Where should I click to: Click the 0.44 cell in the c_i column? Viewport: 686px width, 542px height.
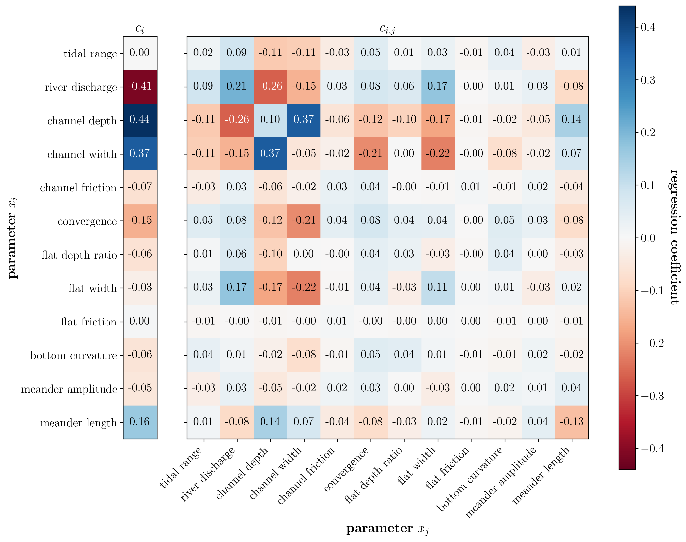[x=140, y=120]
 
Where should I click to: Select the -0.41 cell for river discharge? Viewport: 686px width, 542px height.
[x=140, y=86]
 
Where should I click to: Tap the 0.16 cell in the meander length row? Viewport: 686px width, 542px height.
[x=140, y=422]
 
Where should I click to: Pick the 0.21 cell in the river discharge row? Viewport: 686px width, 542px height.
[x=237, y=86]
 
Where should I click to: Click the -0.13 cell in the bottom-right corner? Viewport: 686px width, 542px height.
[x=572, y=422]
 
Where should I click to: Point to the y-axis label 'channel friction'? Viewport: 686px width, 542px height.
[x=78, y=188]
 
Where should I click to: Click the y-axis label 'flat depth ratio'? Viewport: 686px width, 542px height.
[x=79, y=255]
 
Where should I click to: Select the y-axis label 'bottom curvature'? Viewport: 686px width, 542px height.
[x=73, y=356]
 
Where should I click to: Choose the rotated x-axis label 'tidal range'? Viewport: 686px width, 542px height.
[x=182, y=467]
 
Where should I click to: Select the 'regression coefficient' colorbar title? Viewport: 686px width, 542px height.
[x=674, y=236]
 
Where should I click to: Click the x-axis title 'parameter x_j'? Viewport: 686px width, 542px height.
[x=387, y=529]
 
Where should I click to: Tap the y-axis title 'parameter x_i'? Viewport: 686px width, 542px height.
[x=12, y=238]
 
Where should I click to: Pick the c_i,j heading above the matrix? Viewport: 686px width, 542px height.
[x=387, y=29]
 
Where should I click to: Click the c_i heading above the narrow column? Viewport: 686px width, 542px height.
[x=140, y=29]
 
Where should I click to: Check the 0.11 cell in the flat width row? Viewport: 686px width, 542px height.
[x=438, y=287]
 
